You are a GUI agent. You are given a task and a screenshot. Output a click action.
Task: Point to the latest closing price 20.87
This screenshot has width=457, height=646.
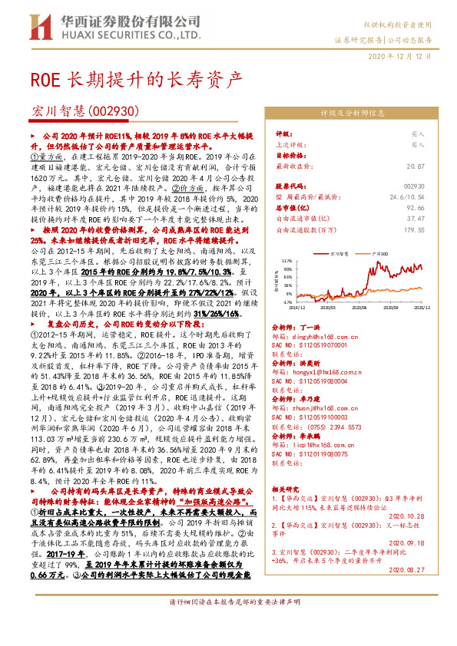click(x=416, y=166)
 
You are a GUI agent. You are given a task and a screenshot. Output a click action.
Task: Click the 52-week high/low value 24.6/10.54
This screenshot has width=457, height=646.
click(x=407, y=196)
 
